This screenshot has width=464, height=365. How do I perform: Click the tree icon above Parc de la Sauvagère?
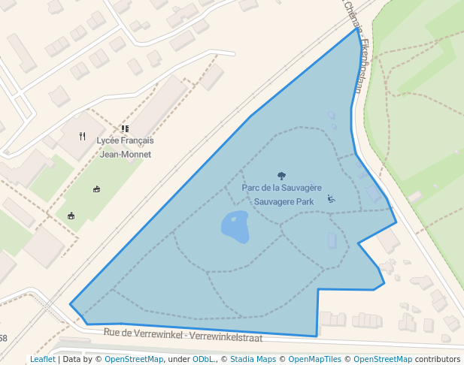click(282, 176)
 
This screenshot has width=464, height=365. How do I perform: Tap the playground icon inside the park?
click(331, 199)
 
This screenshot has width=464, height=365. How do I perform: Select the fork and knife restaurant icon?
click(83, 136)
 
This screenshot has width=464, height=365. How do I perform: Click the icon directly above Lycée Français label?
click(125, 129)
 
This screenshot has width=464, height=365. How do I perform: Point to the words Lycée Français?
click(125, 141)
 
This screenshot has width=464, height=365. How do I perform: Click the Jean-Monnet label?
click(126, 155)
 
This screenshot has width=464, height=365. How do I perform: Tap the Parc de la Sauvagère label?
click(282, 188)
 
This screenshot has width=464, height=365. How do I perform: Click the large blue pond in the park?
click(235, 227)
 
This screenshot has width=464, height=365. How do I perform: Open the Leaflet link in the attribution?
click(42, 359)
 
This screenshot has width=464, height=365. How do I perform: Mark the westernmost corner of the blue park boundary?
click(71, 304)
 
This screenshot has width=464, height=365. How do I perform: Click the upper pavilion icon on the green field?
click(96, 189)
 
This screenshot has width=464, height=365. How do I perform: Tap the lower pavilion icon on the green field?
click(71, 216)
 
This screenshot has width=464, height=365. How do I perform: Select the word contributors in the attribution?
click(438, 359)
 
